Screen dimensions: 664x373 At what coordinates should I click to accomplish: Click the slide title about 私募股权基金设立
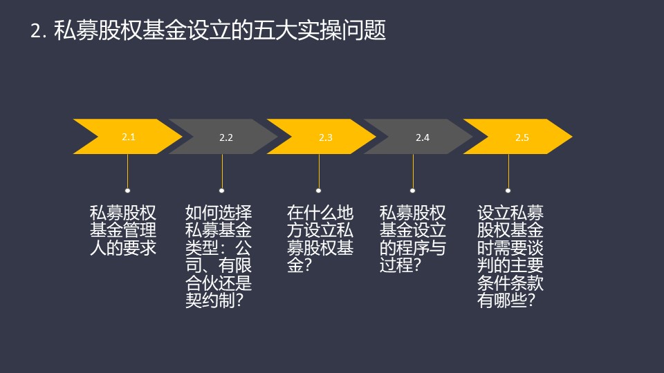tap(208, 30)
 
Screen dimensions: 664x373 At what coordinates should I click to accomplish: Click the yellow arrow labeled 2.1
tap(128, 137)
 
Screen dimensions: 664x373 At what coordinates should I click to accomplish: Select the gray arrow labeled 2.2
tap(224, 137)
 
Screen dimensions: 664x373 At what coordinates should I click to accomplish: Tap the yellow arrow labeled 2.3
tap(322, 137)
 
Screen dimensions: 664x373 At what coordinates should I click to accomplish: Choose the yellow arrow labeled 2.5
tap(518, 137)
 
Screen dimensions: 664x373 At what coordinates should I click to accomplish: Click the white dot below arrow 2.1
tap(127, 191)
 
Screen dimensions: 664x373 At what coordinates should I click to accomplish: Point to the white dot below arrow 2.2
tap(221, 191)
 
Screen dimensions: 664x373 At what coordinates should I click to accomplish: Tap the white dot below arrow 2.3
tap(318, 191)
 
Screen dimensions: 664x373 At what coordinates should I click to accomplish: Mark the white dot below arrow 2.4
tap(412, 191)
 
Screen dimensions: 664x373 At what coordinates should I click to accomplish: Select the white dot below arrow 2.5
tap(508, 191)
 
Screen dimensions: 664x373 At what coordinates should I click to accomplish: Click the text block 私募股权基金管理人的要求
tap(123, 231)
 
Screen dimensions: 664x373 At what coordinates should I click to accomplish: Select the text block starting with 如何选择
tap(219, 257)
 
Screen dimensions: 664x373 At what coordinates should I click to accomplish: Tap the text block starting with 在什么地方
tap(320, 240)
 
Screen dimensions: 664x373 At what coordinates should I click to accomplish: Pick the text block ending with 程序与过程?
tap(413, 240)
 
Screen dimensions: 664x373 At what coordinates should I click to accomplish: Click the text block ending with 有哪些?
tap(510, 257)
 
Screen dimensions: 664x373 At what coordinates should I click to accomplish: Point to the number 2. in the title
tap(38, 31)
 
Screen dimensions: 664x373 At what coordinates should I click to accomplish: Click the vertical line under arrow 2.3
tap(319, 171)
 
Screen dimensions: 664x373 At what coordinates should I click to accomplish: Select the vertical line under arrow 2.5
tap(508, 171)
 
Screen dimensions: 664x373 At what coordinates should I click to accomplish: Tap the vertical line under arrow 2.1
tap(127, 171)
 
